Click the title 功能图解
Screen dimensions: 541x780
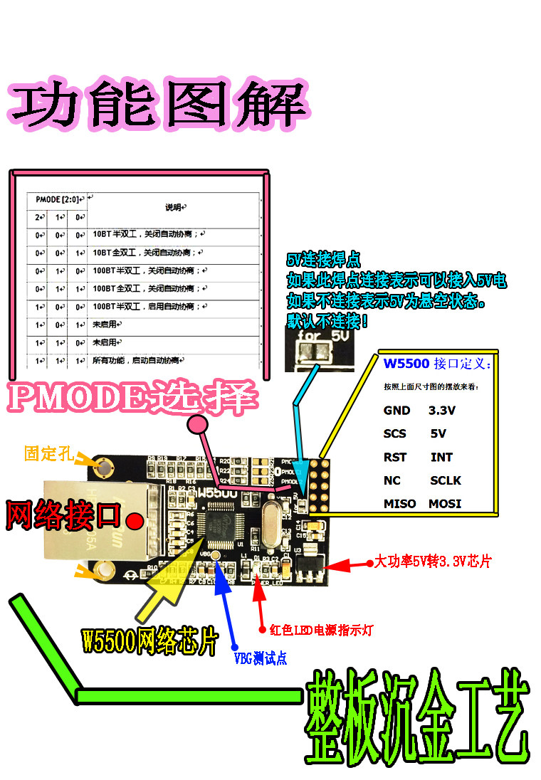click(158, 107)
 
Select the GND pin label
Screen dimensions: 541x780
click(396, 411)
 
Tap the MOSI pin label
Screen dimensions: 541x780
click(445, 503)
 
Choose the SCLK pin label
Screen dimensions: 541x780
click(446, 480)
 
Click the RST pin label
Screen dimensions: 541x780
click(395, 457)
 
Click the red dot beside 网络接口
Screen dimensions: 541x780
click(132, 521)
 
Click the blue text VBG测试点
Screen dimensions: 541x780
click(261, 658)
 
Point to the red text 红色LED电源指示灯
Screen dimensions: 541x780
click(321, 630)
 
